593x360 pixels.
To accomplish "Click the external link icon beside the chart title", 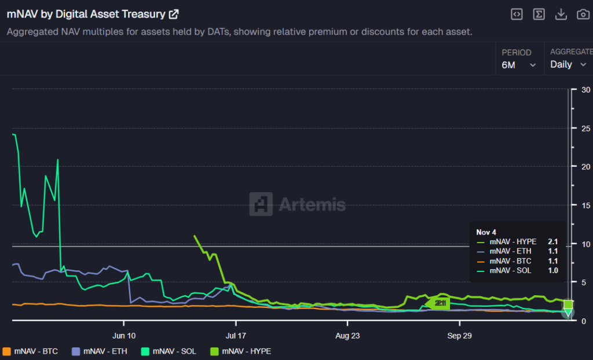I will point(173,14).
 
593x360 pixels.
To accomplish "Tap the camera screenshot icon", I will point(583,14).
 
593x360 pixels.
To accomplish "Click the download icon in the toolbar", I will point(561,14).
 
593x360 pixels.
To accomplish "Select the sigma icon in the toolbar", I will point(539,14).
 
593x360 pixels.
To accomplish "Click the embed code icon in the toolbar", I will point(517,14).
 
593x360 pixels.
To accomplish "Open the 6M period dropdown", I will point(518,65).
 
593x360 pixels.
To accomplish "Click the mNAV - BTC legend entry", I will point(32,351).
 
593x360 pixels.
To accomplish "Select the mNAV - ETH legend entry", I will point(99,351).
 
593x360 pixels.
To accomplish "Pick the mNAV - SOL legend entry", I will point(168,351).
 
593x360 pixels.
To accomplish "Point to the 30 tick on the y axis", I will point(586,90).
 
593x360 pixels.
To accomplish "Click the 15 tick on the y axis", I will point(586,205).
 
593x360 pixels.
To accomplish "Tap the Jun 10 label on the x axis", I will point(124,335).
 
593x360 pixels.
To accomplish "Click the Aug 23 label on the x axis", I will point(346,335).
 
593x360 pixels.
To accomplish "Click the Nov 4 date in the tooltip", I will point(486,232).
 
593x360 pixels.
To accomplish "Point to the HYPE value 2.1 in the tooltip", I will point(553,242).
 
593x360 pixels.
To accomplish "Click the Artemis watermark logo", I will point(297,204).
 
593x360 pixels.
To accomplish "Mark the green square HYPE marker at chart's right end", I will point(568,304).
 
